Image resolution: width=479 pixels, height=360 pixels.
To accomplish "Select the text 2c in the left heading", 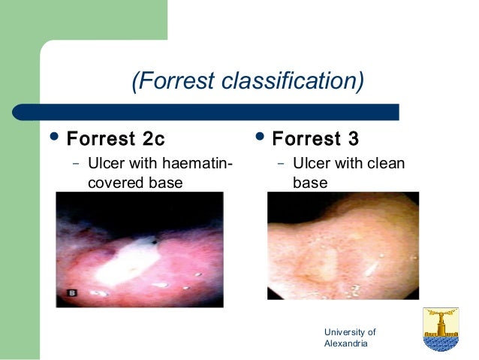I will (x=152, y=140).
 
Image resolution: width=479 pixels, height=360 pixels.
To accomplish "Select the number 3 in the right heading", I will (x=353, y=140).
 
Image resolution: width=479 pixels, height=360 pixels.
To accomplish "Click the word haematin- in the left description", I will (x=196, y=163).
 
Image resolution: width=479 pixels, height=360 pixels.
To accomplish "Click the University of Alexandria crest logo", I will (x=441, y=329).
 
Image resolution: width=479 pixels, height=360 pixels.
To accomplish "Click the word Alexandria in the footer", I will (x=345, y=343).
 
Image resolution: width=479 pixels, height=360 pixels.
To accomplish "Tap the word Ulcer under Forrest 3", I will (x=309, y=163).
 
